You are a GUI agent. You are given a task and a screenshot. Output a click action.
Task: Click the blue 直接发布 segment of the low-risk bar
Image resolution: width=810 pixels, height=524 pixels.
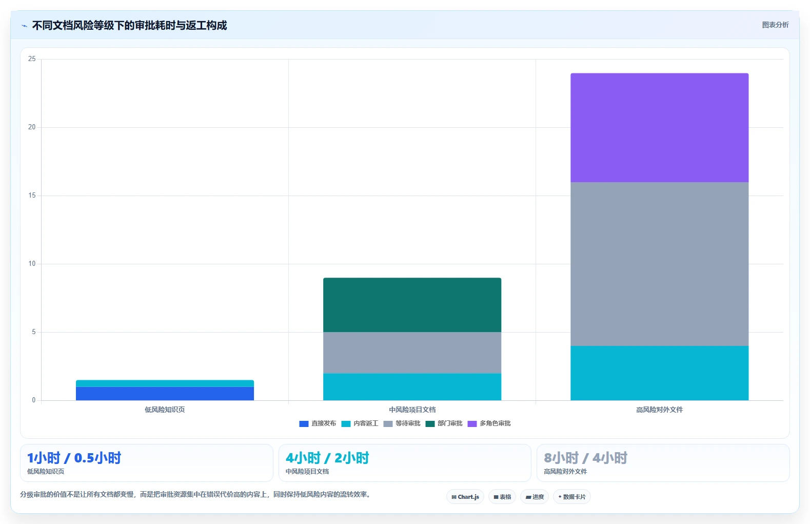coord(165,393)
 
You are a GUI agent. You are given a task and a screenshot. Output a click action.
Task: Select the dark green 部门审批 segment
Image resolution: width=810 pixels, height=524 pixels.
coord(412,305)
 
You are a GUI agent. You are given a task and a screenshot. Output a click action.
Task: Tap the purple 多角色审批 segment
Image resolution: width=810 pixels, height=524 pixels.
coord(660,128)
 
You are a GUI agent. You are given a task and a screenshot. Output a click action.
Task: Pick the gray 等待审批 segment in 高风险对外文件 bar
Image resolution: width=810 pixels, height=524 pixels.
coord(660,264)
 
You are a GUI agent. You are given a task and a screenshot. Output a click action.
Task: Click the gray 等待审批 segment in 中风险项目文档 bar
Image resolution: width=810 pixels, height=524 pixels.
coord(412,353)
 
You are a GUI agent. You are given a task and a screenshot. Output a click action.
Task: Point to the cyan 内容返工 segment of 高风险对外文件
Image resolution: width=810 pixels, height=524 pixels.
coord(660,373)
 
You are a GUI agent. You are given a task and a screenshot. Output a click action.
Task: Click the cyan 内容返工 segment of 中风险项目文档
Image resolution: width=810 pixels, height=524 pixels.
coord(412,387)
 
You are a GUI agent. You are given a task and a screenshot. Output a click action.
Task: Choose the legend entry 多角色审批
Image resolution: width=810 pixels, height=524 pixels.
coord(489,423)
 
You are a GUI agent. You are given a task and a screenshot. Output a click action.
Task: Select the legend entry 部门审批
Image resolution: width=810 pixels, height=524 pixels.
coord(444,423)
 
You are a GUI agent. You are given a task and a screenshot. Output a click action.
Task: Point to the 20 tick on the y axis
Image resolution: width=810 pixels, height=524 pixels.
coord(32,127)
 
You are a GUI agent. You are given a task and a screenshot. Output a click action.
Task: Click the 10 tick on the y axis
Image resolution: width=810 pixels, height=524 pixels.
coord(32,264)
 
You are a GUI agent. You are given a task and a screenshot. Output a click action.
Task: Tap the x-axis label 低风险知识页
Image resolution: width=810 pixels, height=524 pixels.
coord(165,410)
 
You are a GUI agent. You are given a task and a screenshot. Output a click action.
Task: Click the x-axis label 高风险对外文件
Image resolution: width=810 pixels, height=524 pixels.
coord(660,410)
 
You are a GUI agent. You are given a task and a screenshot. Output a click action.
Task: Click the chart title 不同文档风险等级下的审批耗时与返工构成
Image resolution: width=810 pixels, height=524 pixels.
coord(129,25)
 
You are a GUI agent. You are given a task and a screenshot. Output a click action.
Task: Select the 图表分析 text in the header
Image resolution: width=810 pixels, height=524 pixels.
coord(775,25)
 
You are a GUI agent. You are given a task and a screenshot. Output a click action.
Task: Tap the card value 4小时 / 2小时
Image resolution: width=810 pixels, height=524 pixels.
coord(327,458)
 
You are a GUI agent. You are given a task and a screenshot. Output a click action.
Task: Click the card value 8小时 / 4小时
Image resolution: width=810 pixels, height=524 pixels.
coord(585,458)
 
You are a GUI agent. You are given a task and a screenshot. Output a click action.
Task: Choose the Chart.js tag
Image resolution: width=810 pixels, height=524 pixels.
coord(465,497)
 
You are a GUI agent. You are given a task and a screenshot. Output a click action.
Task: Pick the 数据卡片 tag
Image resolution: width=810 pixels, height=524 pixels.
coord(572,497)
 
